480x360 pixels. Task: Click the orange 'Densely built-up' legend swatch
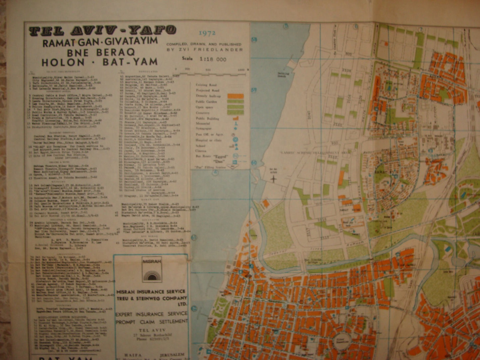(235, 96)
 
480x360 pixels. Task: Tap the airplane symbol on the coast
(274, 179)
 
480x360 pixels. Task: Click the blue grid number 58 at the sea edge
(254, 40)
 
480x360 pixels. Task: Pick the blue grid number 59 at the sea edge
(254, 90)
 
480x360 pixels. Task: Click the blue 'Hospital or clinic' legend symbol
(236, 140)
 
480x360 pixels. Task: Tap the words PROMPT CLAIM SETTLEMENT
(151, 321)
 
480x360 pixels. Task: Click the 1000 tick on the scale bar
(241, 70)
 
